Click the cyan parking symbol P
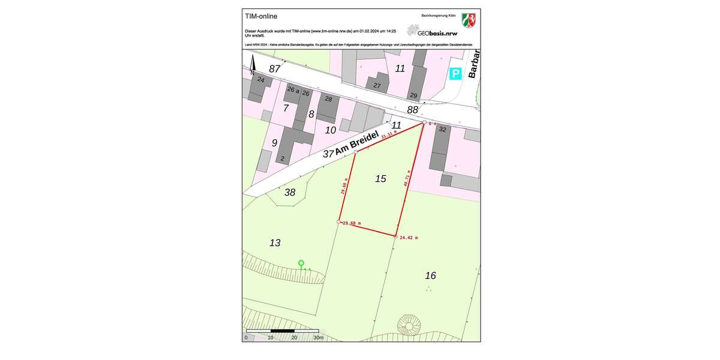(x=455, y=74)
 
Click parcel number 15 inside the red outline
(x=380, y=179)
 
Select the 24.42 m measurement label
(x=409, y=238)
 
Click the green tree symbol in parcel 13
(x=301, y=263)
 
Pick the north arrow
(x=253, y=64)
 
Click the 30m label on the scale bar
(x=319, y=338)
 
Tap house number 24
(x=260, y=79)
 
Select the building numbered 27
(x=377, y=86)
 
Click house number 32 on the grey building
(x=442, y=129)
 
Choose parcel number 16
(x=430, y=275)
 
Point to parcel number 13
(x=275, y=243)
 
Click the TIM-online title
(x=261, y=16)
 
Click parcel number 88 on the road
(x=412, y=110)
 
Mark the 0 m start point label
(x=432, y=124)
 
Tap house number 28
(x=328, y=99)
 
